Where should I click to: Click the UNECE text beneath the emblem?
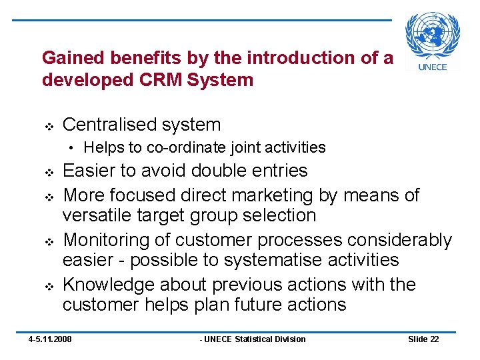432,67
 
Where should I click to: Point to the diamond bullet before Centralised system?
48,125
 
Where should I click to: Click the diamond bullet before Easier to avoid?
48,172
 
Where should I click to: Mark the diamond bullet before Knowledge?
48,285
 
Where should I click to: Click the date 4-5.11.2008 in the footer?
50,339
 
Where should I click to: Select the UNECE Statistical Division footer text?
253,339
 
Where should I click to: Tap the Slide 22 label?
423,339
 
